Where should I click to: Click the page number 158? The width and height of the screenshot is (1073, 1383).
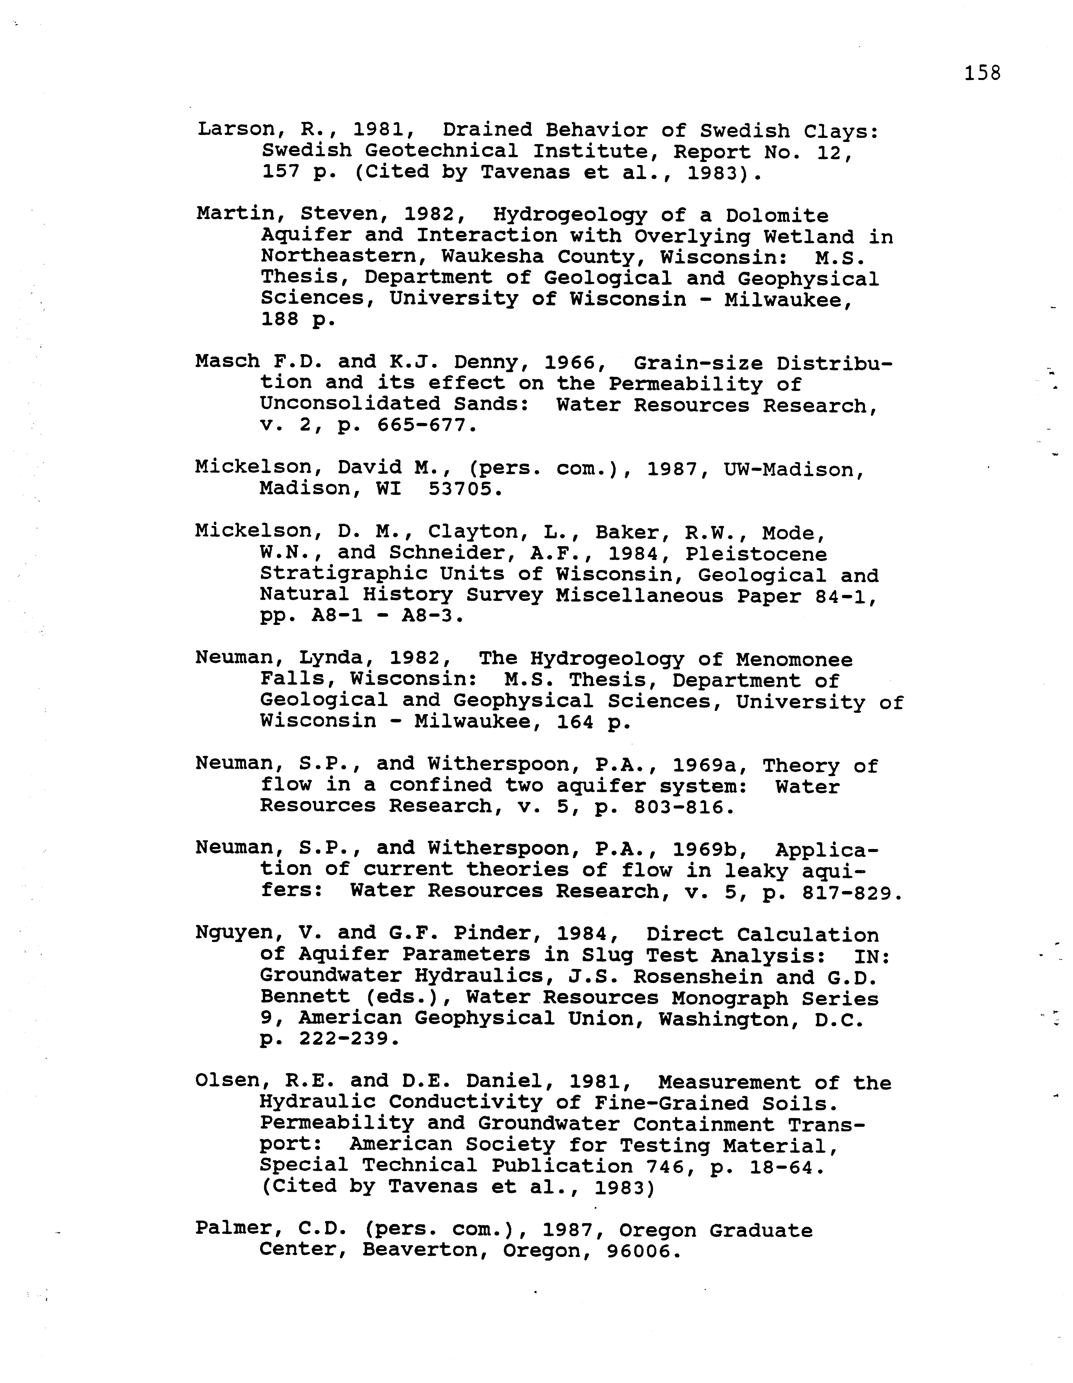click(982, 74)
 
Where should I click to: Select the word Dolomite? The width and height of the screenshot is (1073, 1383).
click(777, 216)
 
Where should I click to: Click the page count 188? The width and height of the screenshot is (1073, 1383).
click(280, 320)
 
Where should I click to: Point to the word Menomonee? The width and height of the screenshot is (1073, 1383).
click(794, 660)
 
